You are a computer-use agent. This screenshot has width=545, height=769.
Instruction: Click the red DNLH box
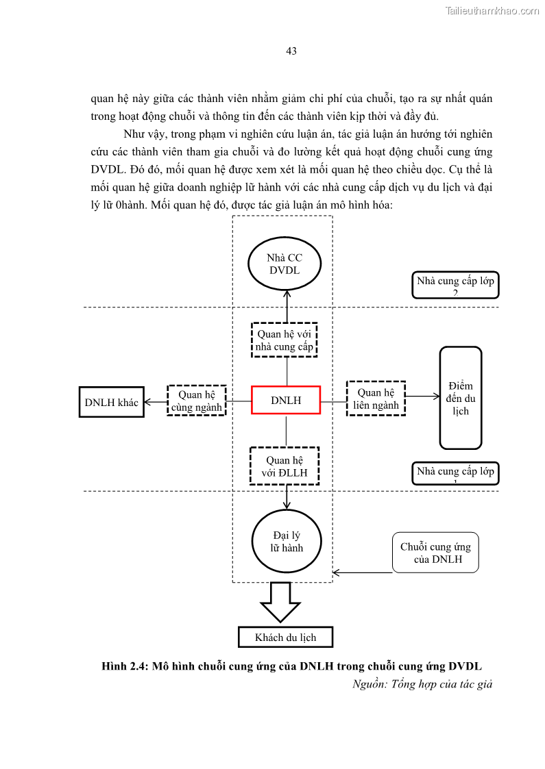click(286, 400)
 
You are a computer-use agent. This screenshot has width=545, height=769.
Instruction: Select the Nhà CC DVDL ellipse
click(284, 264)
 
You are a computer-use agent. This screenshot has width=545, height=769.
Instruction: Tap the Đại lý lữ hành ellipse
click(287, 541)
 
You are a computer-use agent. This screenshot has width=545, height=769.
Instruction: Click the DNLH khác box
click(111, 402)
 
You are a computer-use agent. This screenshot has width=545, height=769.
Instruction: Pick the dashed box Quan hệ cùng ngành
click(197, 401)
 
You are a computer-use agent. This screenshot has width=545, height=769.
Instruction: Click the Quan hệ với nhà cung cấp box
click(284, 340)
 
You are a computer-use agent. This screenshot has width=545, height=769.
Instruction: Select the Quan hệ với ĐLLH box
click(285, 466)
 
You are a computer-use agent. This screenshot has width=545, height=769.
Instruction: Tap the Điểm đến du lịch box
click(461, 398)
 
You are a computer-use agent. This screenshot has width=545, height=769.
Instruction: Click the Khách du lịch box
click(285, 638)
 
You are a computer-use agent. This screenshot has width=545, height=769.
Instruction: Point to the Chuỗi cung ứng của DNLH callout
click(435, 553)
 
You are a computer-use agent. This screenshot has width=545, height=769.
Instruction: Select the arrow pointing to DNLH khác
click(156, 402)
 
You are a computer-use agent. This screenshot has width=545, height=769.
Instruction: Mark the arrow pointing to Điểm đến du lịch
click(422, 396)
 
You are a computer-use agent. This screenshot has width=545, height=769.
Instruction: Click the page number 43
click(291, 51)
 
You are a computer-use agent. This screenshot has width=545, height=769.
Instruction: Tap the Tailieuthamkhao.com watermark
click(492, 10)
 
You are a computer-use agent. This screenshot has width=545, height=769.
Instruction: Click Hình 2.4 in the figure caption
click(124, 666)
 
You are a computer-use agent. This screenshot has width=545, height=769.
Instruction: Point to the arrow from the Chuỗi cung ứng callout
click(362, 572)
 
